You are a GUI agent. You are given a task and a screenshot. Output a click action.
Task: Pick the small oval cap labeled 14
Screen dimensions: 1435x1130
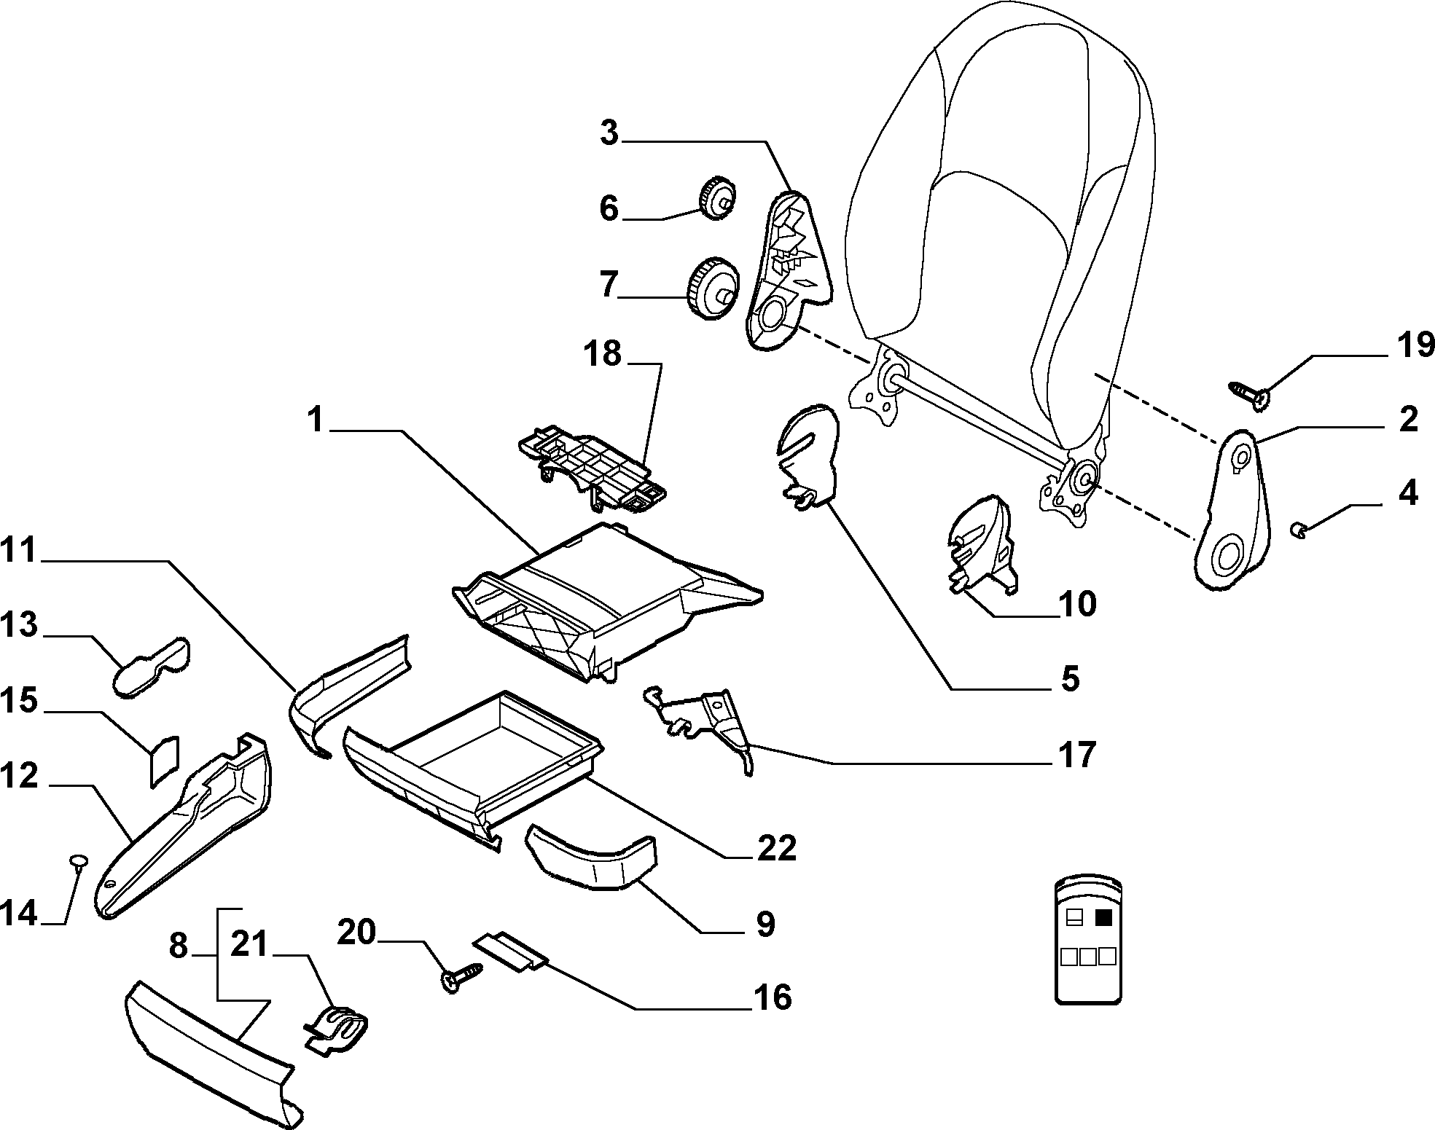click(x=78, y=861)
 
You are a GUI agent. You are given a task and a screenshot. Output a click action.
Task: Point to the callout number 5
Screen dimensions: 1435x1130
click(x=1068, y=678)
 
